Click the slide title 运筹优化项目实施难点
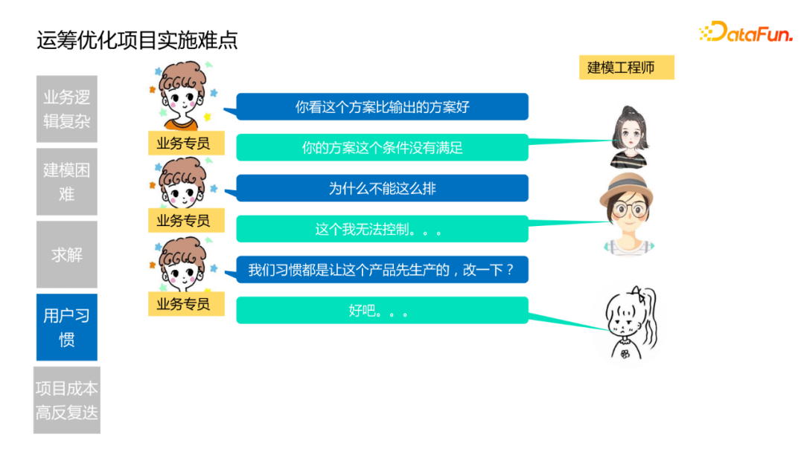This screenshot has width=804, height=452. (x=137, y=39)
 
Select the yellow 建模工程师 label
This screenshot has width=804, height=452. (x=626, y=68)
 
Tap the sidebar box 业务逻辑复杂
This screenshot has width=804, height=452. (x=67, y=109)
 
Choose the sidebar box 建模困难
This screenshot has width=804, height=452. (x=67, y=181)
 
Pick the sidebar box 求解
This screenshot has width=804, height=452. (x=67, y=254)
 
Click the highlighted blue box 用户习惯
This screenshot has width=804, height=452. (x=67, y=327)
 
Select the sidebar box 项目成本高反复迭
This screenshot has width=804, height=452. (x=67, y=400)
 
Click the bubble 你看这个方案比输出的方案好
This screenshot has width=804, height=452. (x=382, y=107)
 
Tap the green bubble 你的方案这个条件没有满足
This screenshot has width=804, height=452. (x=382, y=147)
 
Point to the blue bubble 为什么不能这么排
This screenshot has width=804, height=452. (x=382, y=188)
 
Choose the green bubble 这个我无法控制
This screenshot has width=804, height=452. (x=382, y=229)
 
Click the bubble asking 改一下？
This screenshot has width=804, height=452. (x=382, y=270)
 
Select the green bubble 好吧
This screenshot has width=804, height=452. (x=382, y=311)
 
